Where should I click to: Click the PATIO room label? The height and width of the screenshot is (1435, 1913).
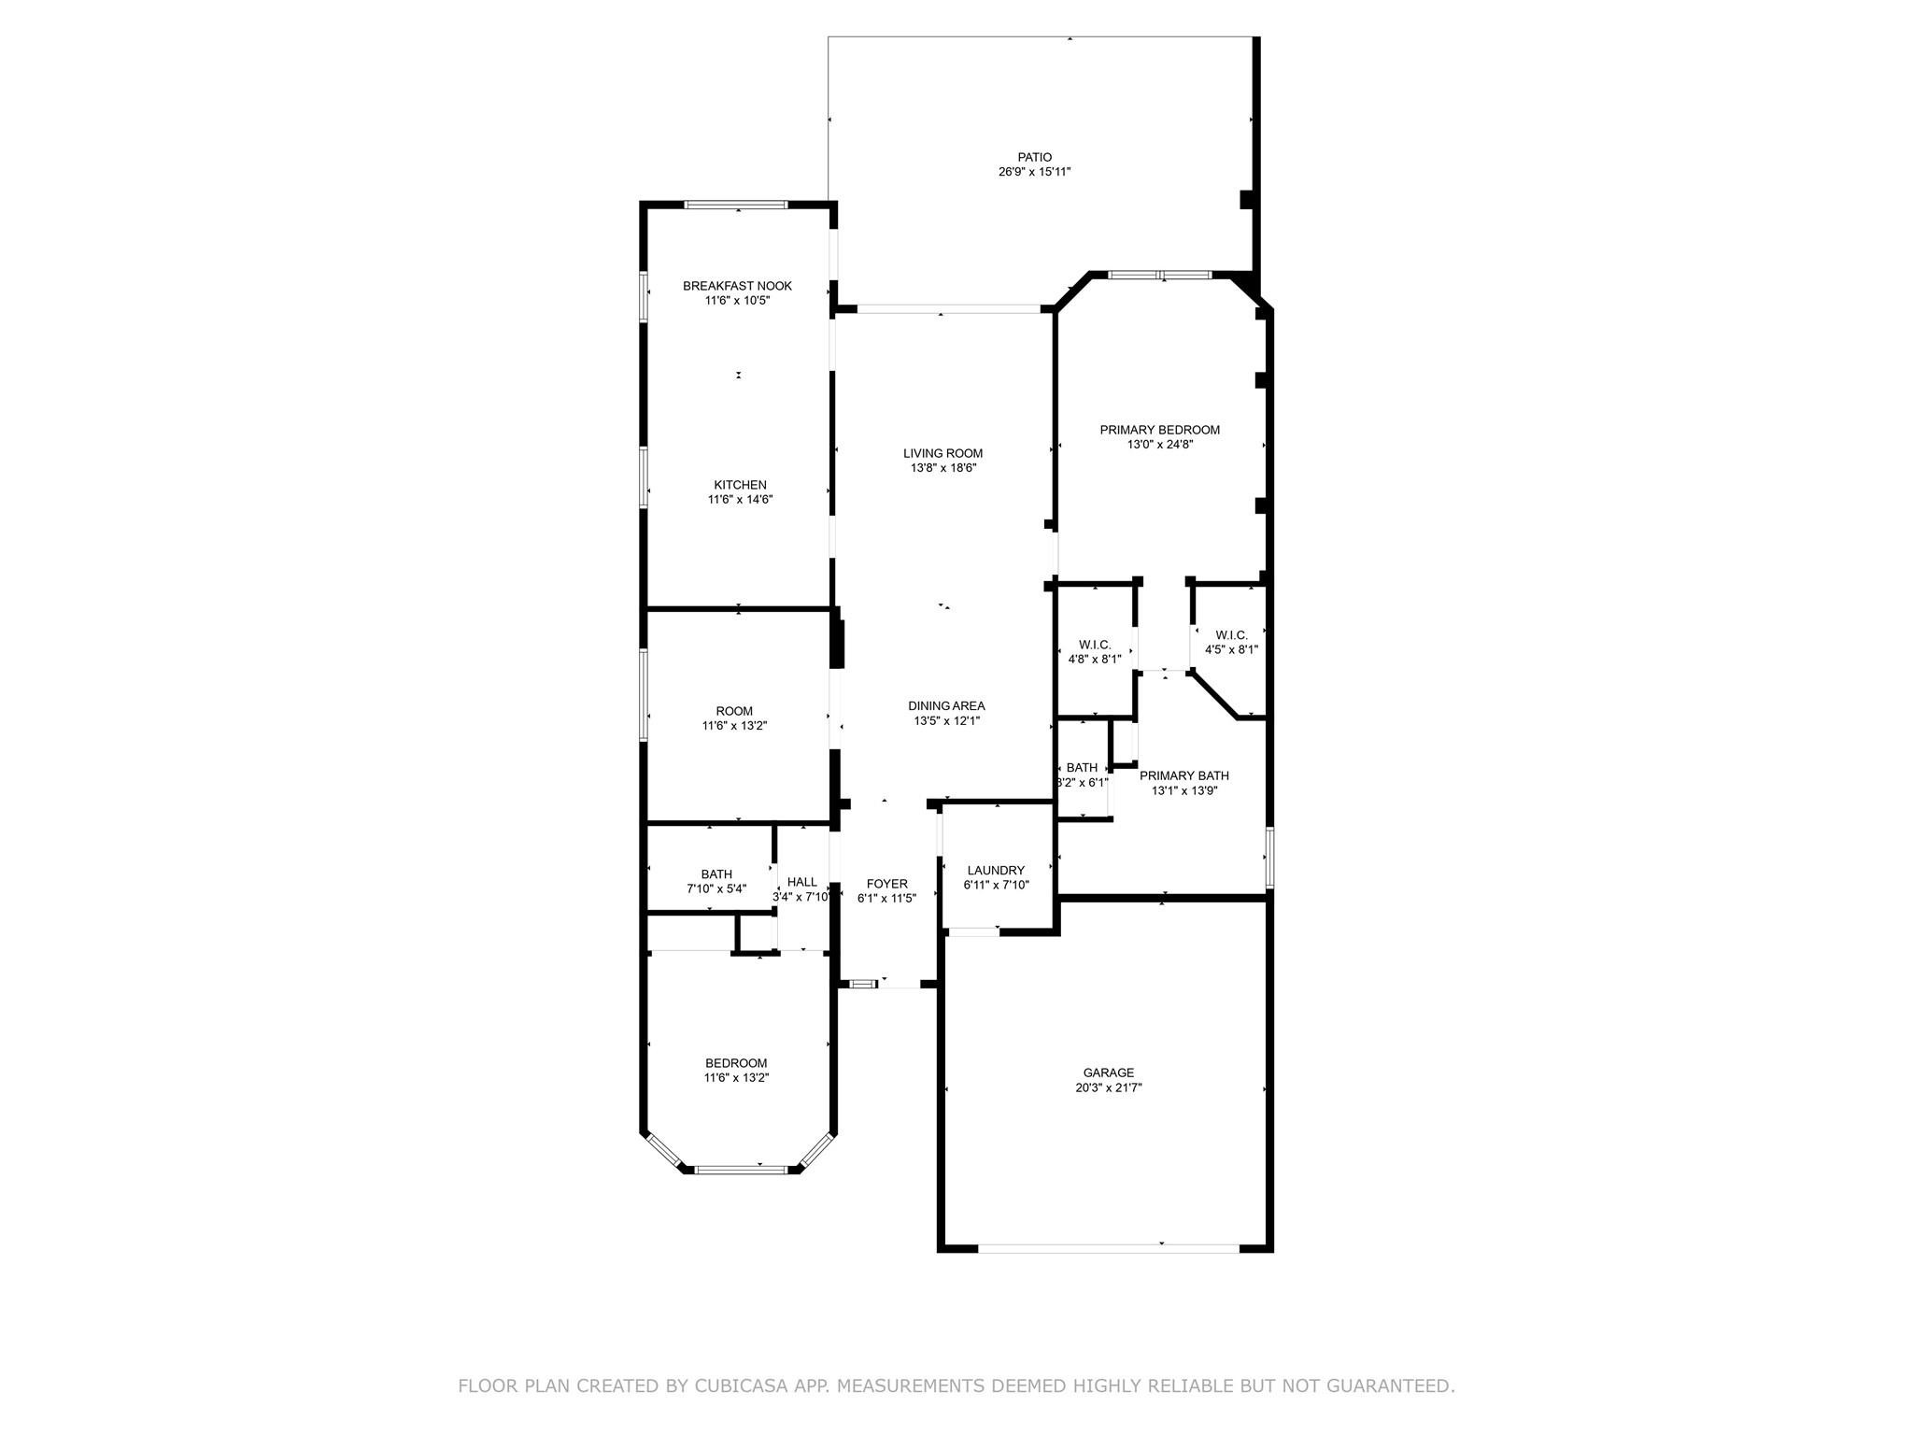tap(1034, 157)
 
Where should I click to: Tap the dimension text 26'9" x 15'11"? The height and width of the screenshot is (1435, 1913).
tap(1034, 172)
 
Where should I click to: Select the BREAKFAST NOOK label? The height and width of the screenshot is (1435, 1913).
tap(737, 286)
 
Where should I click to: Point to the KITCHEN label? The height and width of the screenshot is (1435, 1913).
tap(740, 485)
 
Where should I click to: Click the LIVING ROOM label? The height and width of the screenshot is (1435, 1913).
tap(942, 453)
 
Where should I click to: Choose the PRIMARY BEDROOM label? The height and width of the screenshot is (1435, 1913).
tap(1159, 430)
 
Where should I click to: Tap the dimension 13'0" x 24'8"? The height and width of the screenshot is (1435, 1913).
tap(1159, 445)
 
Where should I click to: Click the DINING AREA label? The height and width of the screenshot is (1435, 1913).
tap(946, 705)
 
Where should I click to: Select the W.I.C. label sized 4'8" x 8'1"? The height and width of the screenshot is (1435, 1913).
tap(1095, 645)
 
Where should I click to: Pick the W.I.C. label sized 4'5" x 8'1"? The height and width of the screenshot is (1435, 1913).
tap(1231, 635)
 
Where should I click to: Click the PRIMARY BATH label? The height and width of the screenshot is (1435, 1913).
tap(1183, 775)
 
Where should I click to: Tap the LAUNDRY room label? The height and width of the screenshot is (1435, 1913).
tap(996, 870)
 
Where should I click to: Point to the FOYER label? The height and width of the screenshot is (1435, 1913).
tap(886, 883)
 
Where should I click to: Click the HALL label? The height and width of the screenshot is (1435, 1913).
tap(801, 882)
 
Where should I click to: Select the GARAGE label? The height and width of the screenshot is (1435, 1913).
tap(1108, 1073)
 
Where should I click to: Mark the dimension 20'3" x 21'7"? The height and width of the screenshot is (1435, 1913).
tap(1108, 1087)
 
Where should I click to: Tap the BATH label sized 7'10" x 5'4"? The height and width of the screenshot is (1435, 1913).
tap(716, 874)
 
